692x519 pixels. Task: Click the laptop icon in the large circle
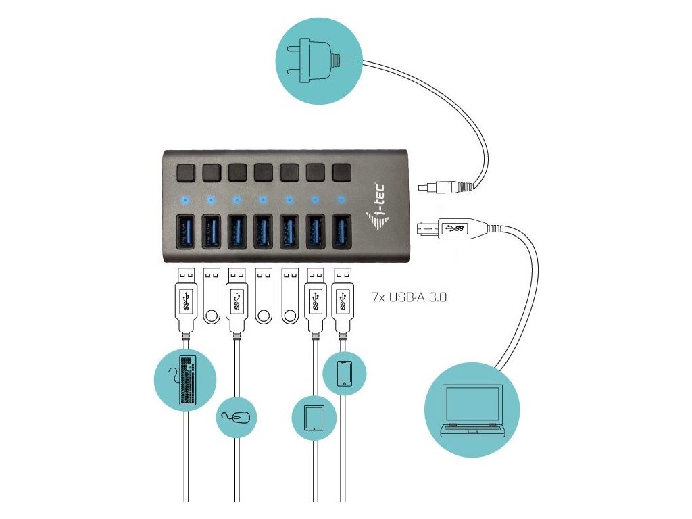(x=473, y=412)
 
